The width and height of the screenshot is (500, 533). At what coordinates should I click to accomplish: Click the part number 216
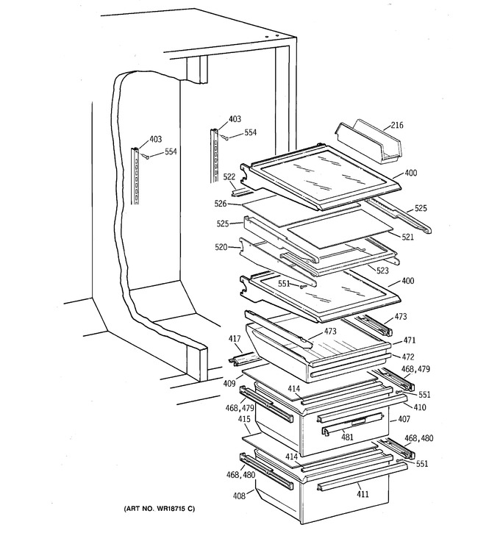[x=396, y=125]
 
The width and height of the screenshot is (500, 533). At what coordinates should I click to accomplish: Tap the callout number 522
[x=229, y=177]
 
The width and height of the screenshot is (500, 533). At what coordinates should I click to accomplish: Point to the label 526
[x=221, y=204]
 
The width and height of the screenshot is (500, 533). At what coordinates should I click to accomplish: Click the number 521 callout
[x=407, y=237]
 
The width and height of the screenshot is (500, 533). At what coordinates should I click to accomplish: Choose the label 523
[x=382, y=271]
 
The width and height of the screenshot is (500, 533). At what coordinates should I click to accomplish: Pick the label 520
[x=221, y=247]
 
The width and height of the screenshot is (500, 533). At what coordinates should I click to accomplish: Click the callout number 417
[x=235, y=339]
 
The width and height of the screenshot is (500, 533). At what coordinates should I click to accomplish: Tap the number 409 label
[x=229, y=384]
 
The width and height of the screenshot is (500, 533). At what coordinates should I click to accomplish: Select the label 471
[x=410, y=340]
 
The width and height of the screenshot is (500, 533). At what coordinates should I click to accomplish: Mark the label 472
[x=408, y=357]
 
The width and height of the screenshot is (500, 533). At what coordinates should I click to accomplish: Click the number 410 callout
[x=419, y=407]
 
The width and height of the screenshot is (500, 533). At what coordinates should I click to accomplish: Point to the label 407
[x=404, y=419]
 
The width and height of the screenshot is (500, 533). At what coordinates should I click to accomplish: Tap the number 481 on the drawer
[x=347, y=437]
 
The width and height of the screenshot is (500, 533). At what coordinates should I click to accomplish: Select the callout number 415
[x=244, y=419]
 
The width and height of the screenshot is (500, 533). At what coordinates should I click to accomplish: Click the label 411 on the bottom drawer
[x=362, y=494]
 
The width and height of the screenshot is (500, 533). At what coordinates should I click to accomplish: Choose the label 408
[x=239, y=496]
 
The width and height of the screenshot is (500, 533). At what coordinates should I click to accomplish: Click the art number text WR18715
[x=171, y=509]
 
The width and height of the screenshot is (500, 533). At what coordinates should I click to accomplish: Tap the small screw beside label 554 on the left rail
[x=146, y=157]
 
